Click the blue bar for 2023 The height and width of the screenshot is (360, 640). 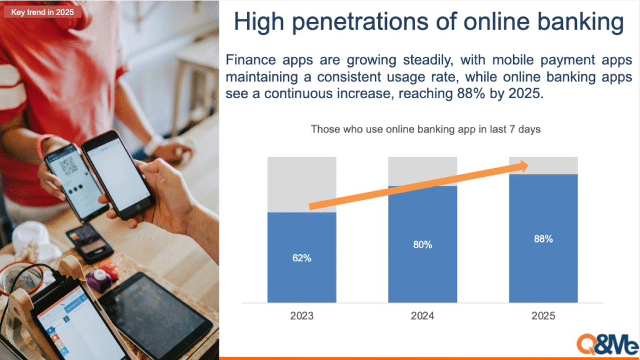pyautogui.click(x=302, y=257)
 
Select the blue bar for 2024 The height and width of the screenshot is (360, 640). pyautogui.click(x=422, y=244)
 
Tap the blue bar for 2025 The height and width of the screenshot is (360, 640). pyautogui.click(x=543, y=238)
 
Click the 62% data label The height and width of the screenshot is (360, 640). pyautogui.click(x=302, y=258)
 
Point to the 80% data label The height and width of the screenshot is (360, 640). pyautogui.click(x=422, y=244)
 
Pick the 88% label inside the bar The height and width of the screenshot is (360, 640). pyautogui.click(x=543, y=239)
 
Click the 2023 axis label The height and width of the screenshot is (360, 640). pyautogui.click(x=302, y=316)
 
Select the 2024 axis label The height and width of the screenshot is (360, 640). pyautogui.click(x=422, y=316)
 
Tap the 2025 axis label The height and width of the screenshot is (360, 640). pyautogui.click(x=543, y=316)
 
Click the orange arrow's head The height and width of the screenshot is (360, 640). pyautogui.click(x=522, y=166)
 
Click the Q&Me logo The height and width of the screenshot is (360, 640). pyautogui.click(x=607, y=345)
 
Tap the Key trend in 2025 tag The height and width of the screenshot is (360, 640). pyautogui.click(x=42, y=12)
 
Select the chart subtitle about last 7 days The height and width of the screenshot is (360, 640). pyautogui.click(x=425, y=129)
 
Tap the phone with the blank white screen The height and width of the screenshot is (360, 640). pyautogui.click(x=118, y=175)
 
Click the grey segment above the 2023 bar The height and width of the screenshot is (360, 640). pyautogui.click(x=302, y=184)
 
